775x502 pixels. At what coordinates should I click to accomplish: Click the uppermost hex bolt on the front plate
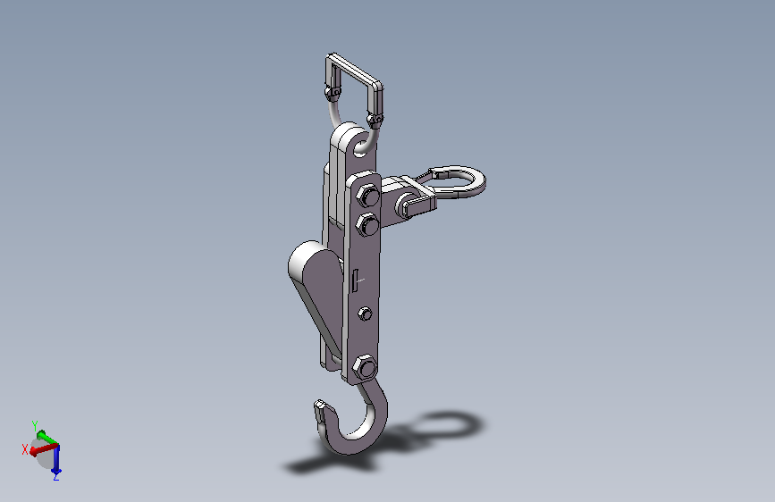[x=367, y=196]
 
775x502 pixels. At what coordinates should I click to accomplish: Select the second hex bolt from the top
[x=367, y=225]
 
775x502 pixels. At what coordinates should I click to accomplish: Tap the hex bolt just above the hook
[x=365, y=368]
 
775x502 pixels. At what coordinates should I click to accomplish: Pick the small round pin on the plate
[x=365, y=314]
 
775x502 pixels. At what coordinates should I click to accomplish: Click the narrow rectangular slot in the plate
[x=355, y=280]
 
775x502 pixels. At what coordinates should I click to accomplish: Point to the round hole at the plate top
[x=361, y=147]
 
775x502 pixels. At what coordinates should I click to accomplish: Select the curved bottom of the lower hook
[x=351, y=445]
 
